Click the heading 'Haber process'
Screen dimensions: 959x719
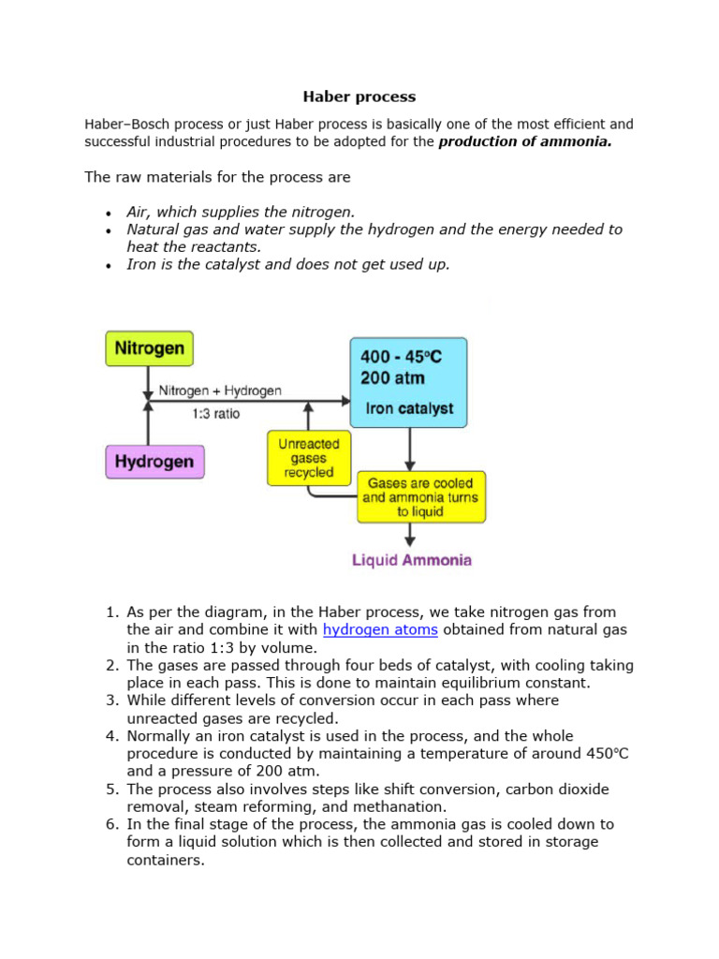[x=359, y=96]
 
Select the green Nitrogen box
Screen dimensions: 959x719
[x=149, y=348]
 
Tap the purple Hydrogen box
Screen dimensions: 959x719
[x=154, y=462]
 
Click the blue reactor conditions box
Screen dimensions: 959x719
[x=407, y=382]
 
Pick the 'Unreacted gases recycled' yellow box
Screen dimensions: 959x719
[x=309, y=458]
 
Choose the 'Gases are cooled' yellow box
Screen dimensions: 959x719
[x=421, y=497]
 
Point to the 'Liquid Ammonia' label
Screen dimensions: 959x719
[x=412, y=561]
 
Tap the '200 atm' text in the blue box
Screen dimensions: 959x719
[x=392, y=379]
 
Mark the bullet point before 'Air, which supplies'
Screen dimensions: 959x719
[x=110, y=214]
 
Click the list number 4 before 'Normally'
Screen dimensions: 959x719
[x=110, y=736]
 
